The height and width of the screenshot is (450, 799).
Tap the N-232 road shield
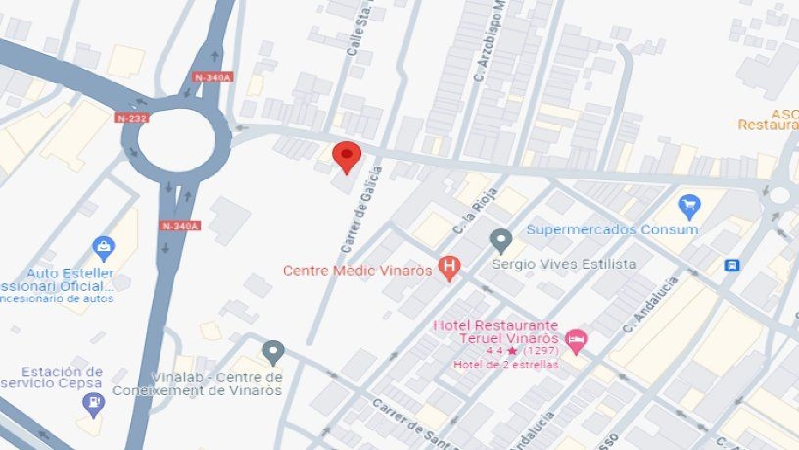131,118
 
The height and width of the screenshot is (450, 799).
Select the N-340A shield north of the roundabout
213,78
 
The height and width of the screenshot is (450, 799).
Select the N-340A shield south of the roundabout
180,226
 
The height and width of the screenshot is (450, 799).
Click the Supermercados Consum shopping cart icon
689,206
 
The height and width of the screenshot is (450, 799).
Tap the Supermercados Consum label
612,230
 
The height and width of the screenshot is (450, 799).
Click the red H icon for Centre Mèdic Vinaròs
449,267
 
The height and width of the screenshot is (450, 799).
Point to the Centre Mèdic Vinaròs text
357,270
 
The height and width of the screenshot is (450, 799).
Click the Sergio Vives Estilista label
564,264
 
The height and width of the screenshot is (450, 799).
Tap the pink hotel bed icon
576,339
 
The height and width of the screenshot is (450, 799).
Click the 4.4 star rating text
522,351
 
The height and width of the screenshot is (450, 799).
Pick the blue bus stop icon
732,265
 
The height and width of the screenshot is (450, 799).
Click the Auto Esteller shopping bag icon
103,247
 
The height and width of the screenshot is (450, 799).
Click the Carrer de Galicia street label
362,210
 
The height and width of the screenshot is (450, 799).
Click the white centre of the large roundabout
176,140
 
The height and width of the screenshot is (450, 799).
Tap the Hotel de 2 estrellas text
506,365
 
